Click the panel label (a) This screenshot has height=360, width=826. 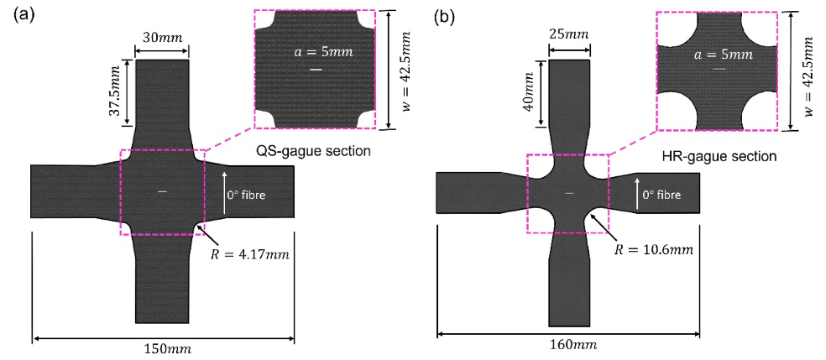pyautogui.click(x=18, y=16)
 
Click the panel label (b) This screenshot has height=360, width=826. pyautogui.click(x=443, y=16)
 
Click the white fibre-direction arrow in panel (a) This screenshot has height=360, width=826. pyautogui.click(x=224, y=186)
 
